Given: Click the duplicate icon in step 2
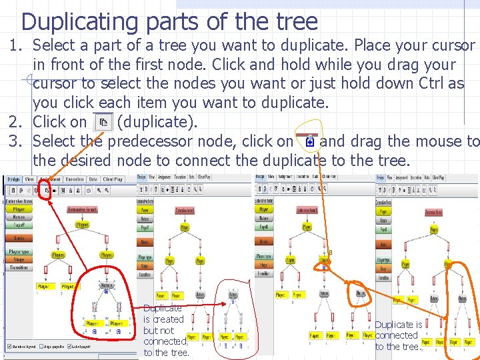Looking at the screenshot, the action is pyautogui.click(x=103, y=122).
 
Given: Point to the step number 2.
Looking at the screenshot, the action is pyautogui.click(x=15, y=122).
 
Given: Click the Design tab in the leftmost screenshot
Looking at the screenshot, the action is pyautogui.click(x=13, y=179).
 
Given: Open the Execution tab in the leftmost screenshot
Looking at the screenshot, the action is pyautogui.click(x=75, y=179).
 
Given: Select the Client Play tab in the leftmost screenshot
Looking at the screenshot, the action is pyautogui.click(x=113, y=179).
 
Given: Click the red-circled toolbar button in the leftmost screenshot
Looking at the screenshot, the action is pyautogui.click(x=45, y=191).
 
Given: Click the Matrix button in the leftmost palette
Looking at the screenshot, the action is pyautogui.click(x=19, y=238).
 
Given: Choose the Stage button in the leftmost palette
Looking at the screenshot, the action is pyautogui.click(x=19, y=260).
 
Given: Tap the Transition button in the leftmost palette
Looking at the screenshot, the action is pyautogui.click(x=19, y=267).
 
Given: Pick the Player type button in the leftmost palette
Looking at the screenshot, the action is pyautogui.click(x=19, y=252).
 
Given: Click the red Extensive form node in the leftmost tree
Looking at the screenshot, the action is pyautogui.click(x=82, y=210).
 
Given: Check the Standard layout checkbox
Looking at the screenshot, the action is pyautogui.click(x=9, y=347).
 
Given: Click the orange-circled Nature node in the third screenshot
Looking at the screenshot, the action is pyautogui.click(x=361, y=293).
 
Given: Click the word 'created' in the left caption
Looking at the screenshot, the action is pyautogui.click(x=167, y=319).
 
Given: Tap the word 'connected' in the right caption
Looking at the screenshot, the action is pyautogui.click(x=396, y=335).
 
